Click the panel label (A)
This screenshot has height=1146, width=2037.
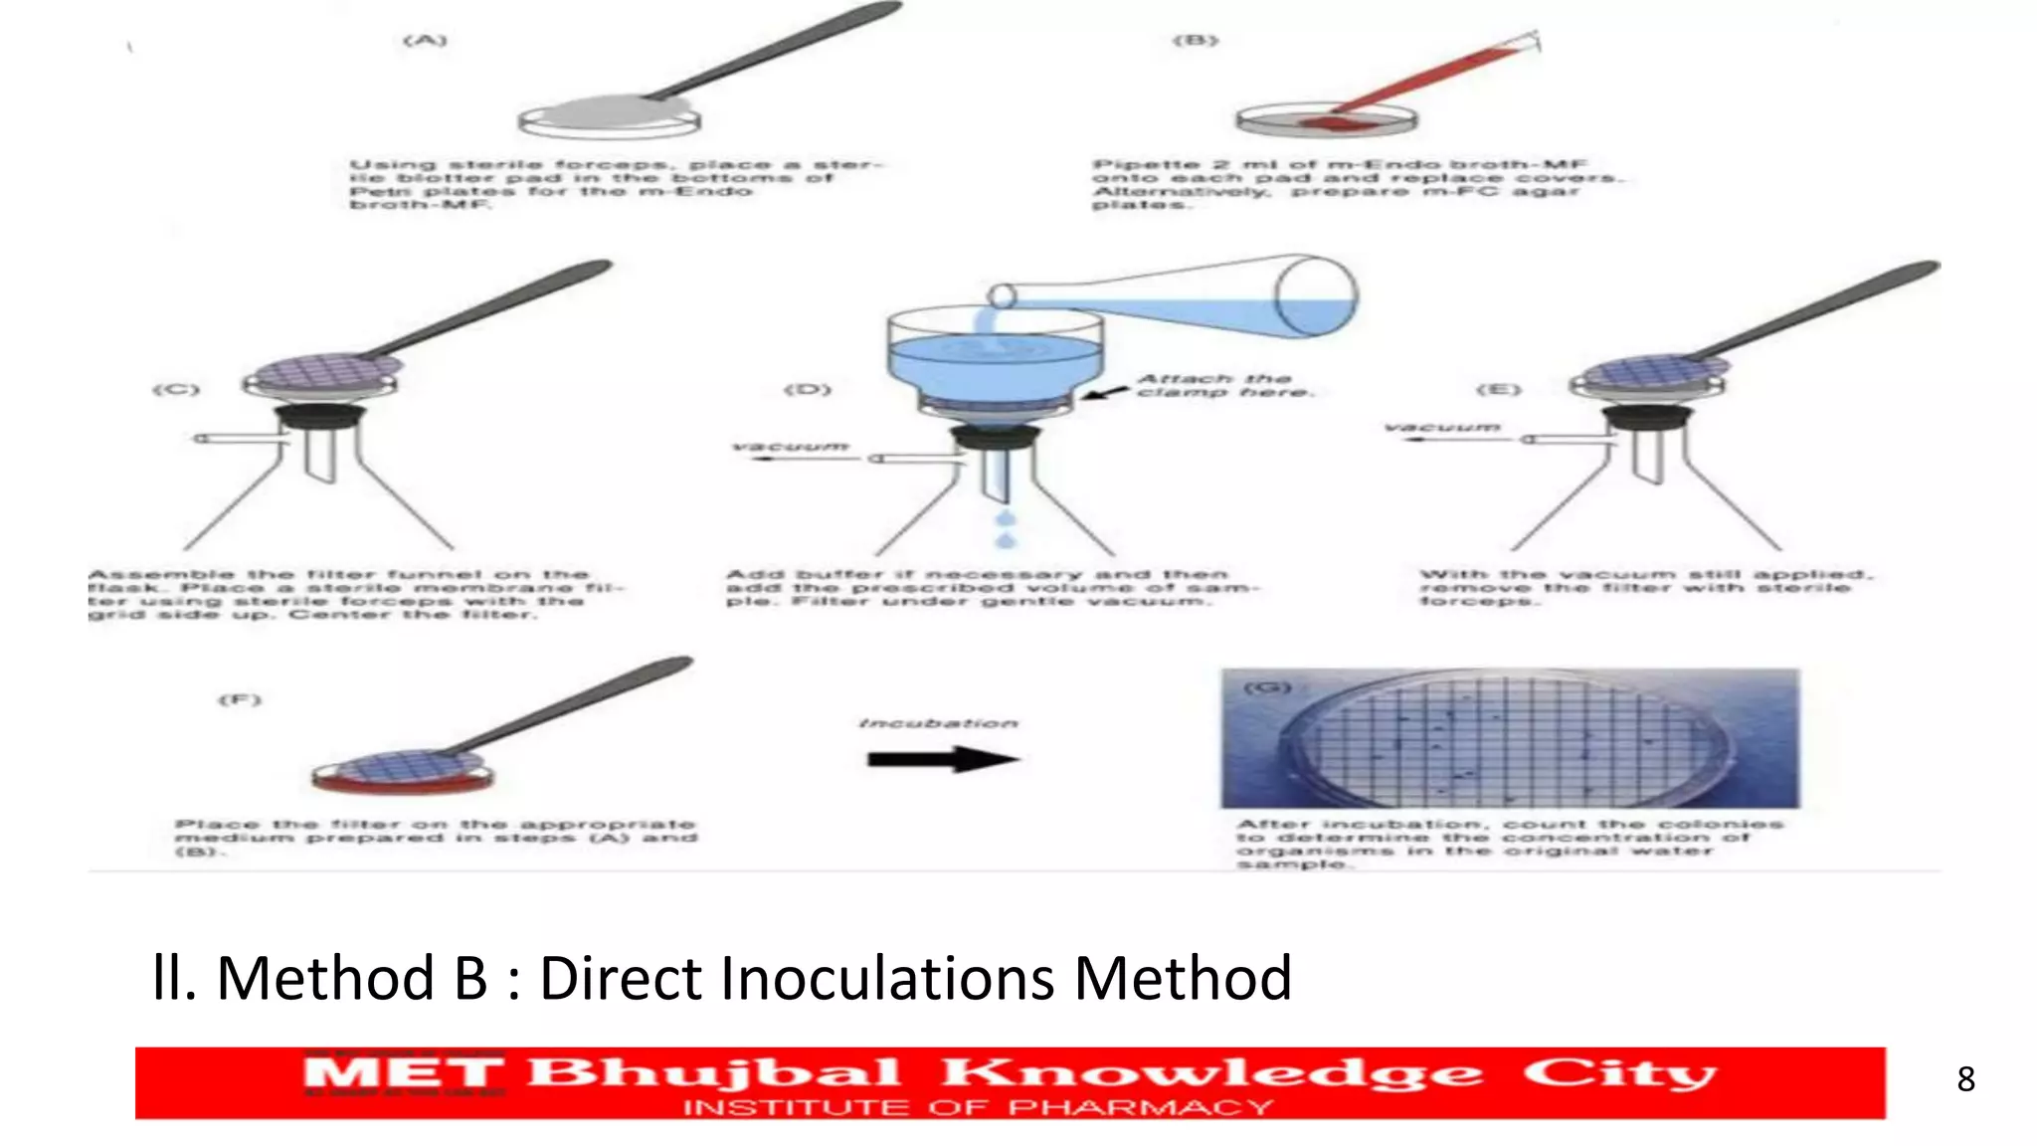(425, 41)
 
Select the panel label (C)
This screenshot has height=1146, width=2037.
(176, 389)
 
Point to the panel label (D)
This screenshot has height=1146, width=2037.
(808, 389)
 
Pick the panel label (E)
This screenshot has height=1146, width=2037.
(1499, 389)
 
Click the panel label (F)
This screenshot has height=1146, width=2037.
(240, 700)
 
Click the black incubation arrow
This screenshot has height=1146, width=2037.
(942, 760)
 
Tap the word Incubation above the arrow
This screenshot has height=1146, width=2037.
(938, 723)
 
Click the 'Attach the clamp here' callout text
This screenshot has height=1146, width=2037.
(1224, 385)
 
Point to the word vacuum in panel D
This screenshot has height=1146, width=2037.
(791, 447)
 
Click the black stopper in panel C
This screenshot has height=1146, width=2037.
(316, 416)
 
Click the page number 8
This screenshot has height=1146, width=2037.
(1965, 1079)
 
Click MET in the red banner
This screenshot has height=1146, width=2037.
(403, 1074)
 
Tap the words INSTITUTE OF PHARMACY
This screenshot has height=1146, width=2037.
(978, 1107)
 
